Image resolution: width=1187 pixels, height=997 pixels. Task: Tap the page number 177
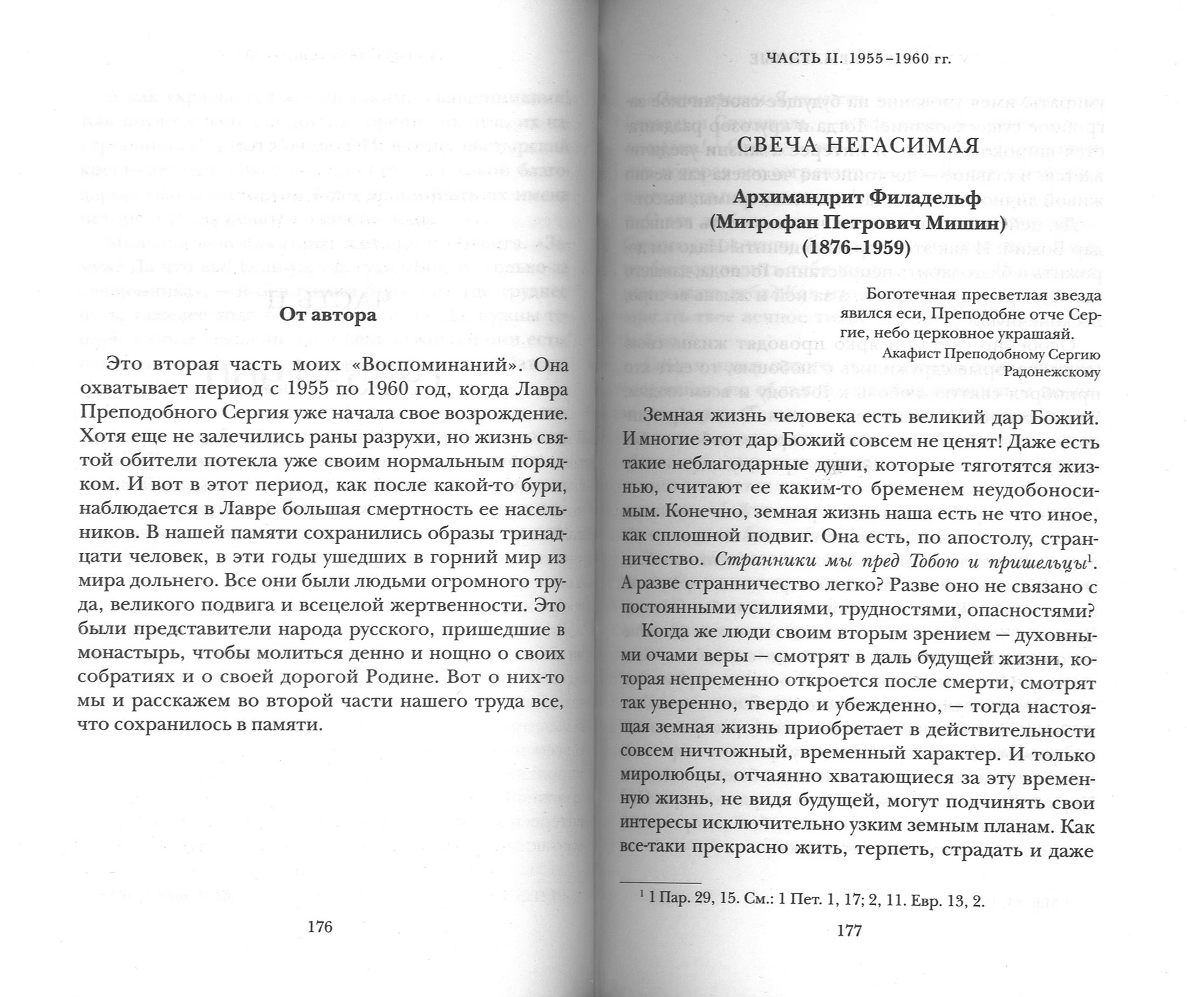849,930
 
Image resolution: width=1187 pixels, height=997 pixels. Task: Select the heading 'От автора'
329,314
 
